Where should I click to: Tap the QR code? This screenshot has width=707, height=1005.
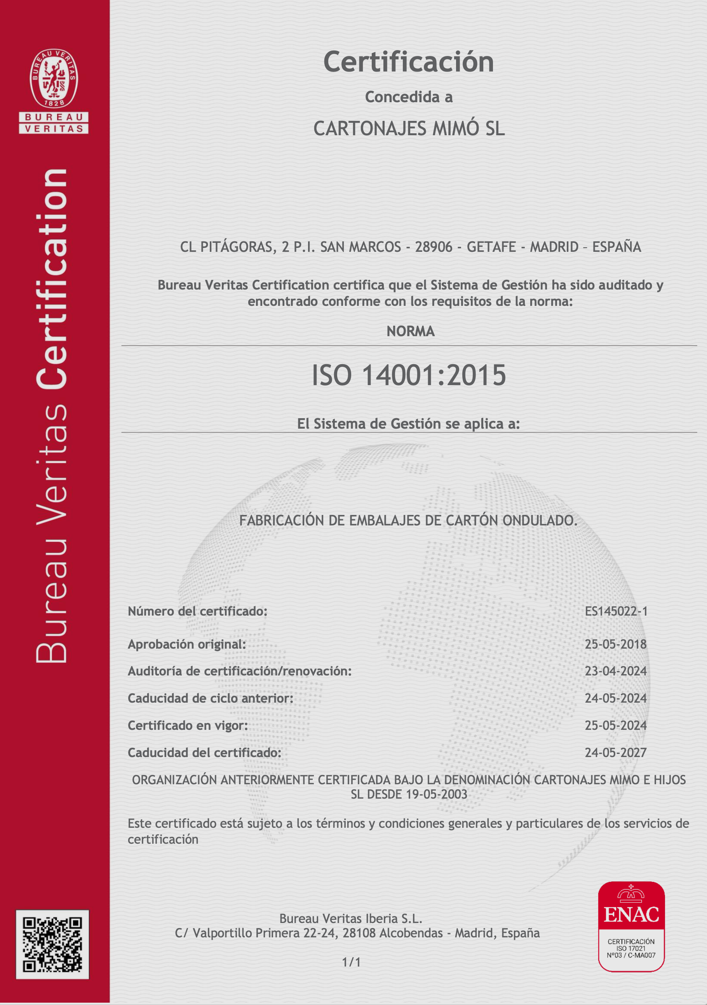pos(52,944)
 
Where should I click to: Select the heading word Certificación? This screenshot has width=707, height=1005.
pos(408,62)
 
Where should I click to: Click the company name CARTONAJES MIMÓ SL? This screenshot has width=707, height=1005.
pos(409,129)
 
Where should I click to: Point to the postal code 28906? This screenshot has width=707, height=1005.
pos(433,247)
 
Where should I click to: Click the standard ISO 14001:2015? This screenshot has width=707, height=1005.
pos(408,375)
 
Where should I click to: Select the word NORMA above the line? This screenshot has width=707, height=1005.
pos(410,332)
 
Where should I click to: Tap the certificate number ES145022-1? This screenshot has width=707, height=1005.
pos(616,611)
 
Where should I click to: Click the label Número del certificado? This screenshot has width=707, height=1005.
pos(197,611)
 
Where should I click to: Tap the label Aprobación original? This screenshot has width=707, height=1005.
pos(187,644)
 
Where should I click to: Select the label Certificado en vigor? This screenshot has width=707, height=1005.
pos(188,725)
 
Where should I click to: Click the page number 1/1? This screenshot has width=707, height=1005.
pos(351,962)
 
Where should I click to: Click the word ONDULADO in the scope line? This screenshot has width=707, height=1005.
pos(540,520)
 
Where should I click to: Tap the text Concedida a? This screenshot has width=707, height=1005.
pos(409,97)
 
